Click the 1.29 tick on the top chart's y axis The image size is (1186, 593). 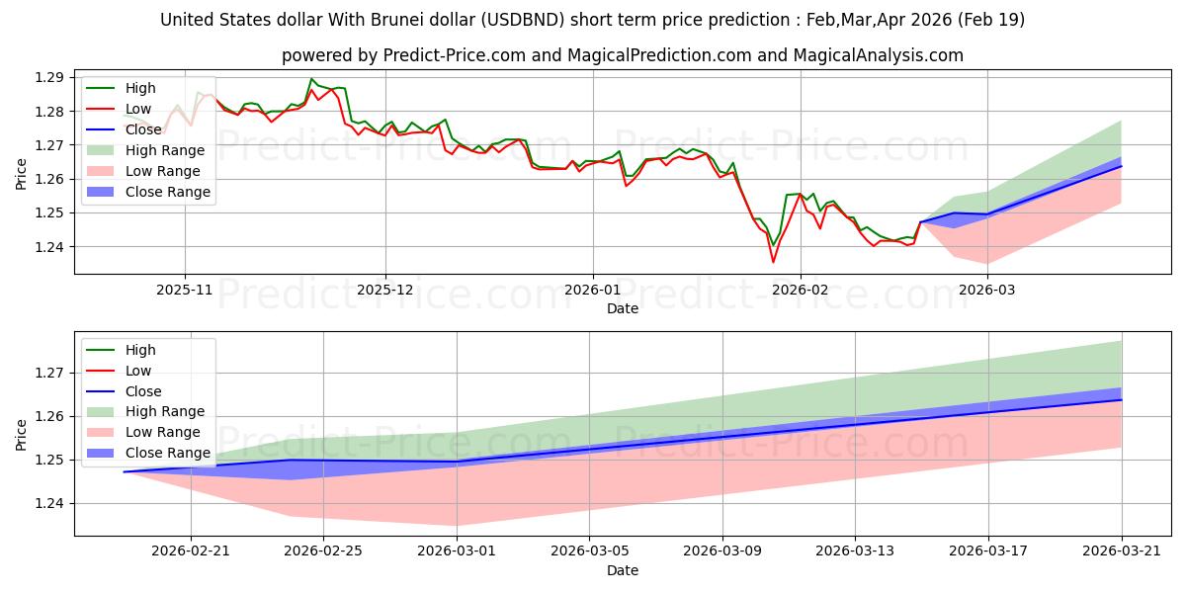point(49,78)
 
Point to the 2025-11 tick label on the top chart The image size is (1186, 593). point(184,291)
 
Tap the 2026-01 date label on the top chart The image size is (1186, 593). point(592,291)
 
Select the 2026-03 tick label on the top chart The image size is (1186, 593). point(987,291)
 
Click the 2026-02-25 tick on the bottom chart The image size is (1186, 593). point(323,551)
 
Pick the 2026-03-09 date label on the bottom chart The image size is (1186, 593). point(722,551)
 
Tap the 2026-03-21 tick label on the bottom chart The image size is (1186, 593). point(1122,551)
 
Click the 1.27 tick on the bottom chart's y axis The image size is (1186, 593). point(49,374)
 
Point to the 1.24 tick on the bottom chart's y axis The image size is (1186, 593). point(49,503)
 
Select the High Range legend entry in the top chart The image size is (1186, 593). point(145,150)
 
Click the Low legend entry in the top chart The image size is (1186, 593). point(119,109)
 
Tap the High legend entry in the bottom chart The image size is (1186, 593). point(121,350)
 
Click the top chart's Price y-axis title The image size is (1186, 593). point(21,174)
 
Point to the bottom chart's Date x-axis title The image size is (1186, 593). point(622,570)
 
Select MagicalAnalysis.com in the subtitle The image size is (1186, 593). point(878,55)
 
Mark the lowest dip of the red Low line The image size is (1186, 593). point(773,262)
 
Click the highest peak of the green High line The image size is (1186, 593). point(311,79)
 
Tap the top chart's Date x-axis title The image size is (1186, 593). point(622,308)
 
